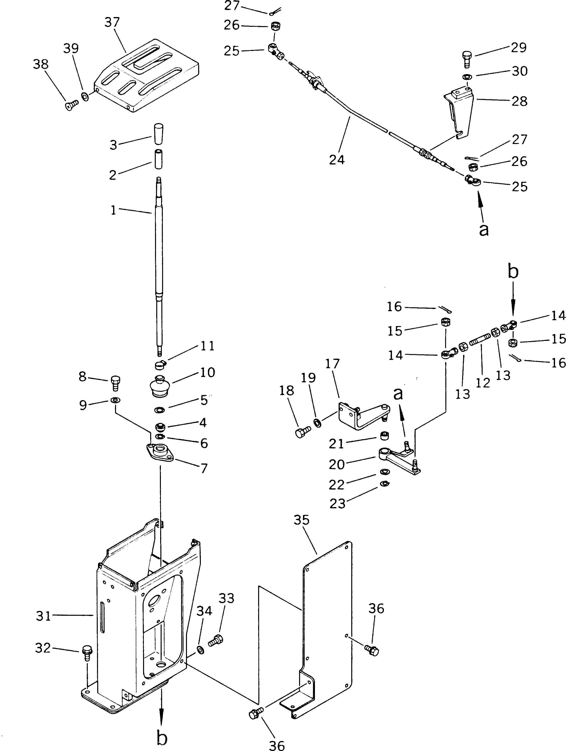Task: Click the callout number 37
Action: click(x=112, y=22)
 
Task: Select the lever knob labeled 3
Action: click(x=158, y=135)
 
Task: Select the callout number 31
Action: click(x=43, y=616)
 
